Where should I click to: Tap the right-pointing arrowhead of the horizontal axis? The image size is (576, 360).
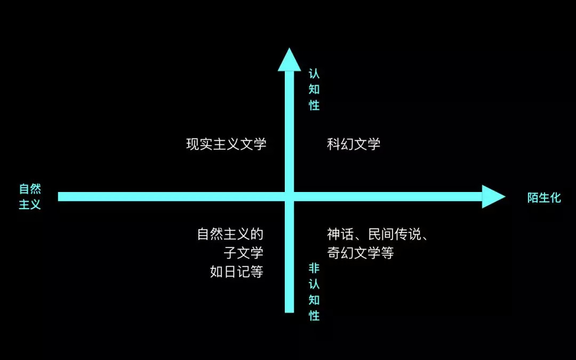coord(493,197)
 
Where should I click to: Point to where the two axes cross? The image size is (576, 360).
coord(290,197)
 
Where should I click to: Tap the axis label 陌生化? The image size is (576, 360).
coord(544,198)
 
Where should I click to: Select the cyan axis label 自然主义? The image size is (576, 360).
coord(30,197)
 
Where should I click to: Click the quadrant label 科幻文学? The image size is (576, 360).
coord(354,144)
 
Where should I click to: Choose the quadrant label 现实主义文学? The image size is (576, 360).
coord(226,144)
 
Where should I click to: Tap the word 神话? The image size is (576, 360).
coord(340,234)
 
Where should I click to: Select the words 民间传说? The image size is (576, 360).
coord(394,234)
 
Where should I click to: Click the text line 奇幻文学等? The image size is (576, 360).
coord(361,253)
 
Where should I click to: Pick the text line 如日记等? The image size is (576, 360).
coord(237,271)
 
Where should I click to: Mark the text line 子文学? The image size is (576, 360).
coord(244,253)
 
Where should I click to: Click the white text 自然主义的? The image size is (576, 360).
coord(230,234)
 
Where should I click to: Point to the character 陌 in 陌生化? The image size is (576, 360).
coord(533,198)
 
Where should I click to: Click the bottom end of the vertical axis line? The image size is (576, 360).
coord(290,309)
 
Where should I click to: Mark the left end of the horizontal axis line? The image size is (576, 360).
coord(60,197)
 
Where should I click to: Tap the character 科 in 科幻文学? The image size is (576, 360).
coord(333,144)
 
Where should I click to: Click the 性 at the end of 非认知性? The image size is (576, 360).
coord(314,316)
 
